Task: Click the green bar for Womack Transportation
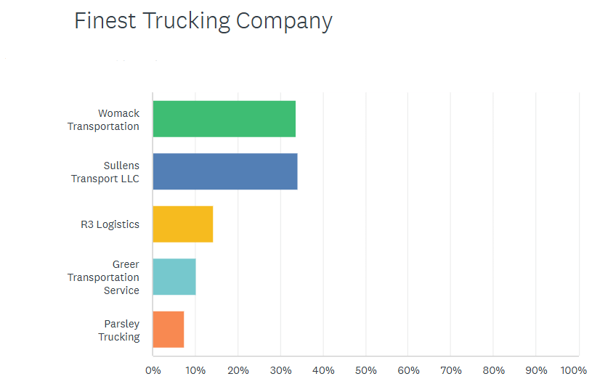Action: (x=224, y=119)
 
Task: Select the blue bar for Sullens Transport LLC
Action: (x=224, y=171)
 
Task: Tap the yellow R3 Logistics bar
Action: (x=182, y=224)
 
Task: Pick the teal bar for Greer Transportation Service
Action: (x=174, y=277)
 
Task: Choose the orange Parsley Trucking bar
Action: (x=168, y=330)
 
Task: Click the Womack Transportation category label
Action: (x=104, y=120)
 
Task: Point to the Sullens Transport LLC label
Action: (x=105, y=172)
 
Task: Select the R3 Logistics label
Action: (x=110, y=224)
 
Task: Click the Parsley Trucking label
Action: (x=119, y=330)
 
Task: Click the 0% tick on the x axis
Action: (x=153, y=370)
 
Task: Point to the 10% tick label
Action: (x=195, y=370)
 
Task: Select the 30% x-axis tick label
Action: (x=280, y=370)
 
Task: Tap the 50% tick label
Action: (x=365, y=370)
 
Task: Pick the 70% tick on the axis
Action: (x=450, y=370)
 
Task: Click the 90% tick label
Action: (x=536, y=370)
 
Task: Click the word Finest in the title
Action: (x=106, y=21)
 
